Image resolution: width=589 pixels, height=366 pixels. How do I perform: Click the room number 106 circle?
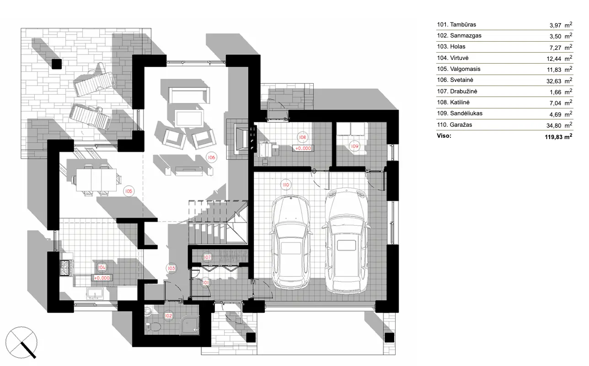(211, 157)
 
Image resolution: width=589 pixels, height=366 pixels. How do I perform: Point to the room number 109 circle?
(355, 145)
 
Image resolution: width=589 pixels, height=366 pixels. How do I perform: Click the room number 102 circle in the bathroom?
(168, 315)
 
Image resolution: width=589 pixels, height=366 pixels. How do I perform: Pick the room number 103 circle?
(171, 268)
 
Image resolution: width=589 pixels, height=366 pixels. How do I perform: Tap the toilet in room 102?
(153, 326)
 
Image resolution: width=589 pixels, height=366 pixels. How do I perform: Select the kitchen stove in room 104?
(65, 268)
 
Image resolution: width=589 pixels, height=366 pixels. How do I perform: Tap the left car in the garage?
(290, 242)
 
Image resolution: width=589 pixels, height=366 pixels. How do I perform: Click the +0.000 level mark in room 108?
(303, 148)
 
